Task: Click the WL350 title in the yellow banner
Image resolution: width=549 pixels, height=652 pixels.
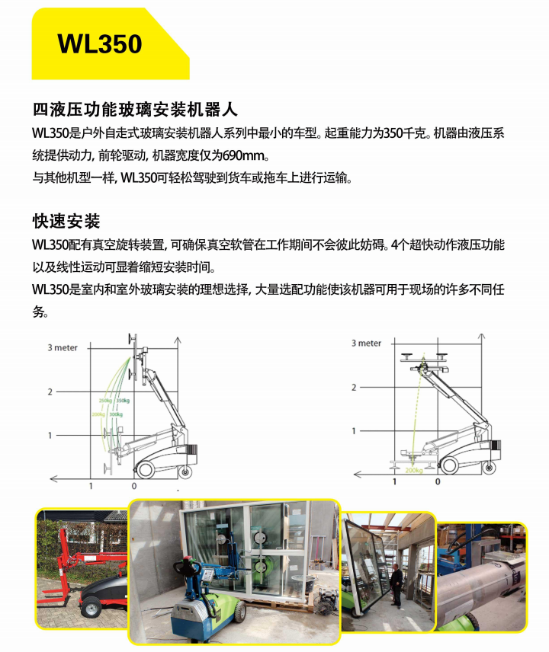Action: [100, 44]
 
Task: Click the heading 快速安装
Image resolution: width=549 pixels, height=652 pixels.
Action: [66, 221]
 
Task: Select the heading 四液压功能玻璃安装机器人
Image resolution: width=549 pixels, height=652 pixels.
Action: [135, 110]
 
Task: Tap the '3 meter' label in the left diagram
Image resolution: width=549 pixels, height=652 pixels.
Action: [63, 347]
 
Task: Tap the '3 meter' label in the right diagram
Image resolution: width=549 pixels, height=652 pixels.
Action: [366, 343]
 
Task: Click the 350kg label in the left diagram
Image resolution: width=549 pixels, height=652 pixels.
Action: [122, 401]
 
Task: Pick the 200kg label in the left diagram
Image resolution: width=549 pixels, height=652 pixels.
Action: [98, 414]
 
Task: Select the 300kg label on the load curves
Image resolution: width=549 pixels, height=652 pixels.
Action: [116, 414]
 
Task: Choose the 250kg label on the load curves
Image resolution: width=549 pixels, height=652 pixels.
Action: [105, 401]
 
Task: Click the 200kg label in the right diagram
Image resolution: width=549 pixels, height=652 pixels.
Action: [414, 470]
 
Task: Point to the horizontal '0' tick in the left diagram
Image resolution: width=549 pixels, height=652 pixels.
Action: [134, 486]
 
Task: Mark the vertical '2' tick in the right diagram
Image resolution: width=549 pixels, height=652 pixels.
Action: [354, 388]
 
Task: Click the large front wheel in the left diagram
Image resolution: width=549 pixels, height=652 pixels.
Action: [146, 469]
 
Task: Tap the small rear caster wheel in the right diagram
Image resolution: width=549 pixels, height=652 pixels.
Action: [489, 468]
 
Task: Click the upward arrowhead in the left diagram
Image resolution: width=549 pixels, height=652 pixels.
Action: [178, 340]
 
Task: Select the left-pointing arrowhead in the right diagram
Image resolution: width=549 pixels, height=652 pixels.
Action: [357, 474]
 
